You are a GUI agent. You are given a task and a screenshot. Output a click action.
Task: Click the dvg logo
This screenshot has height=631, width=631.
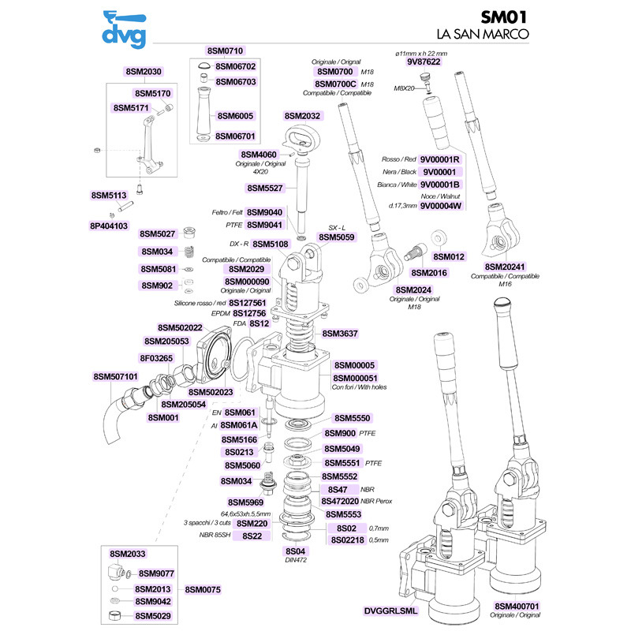point(125,29)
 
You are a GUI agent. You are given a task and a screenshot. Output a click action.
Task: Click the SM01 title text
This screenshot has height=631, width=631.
point(503,17)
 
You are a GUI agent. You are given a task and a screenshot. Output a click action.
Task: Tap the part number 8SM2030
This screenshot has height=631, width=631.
point(144,72)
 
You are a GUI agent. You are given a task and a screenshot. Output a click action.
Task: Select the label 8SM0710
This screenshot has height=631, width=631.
point(225,50)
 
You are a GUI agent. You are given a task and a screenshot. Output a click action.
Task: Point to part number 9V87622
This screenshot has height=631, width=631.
point(424,62)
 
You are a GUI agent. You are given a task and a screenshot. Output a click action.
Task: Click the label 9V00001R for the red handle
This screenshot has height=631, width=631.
point(439,159)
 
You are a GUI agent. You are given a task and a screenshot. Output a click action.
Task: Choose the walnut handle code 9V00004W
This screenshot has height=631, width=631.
point(441,206)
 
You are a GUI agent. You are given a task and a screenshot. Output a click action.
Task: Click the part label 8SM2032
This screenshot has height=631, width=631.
point(302,116)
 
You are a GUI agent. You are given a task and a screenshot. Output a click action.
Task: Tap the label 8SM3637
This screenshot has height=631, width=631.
point(340,333)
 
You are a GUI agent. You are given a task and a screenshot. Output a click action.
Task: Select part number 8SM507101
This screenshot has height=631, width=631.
point(115,377)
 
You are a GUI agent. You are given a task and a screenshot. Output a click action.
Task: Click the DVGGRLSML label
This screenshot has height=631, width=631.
point(390,610)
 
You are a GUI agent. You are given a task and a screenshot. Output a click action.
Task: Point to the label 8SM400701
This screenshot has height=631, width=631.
point(517,606)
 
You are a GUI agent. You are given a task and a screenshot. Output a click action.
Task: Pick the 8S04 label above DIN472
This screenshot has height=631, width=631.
point(295,551)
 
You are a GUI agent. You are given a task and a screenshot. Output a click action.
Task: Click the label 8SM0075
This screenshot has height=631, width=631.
point(203,589)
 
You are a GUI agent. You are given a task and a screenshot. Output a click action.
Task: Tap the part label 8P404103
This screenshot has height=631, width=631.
point(109,226)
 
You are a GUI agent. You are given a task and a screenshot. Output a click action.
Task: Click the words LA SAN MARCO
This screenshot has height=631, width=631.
point(483,34)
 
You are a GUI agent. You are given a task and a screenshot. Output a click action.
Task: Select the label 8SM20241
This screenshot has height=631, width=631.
point(505,267)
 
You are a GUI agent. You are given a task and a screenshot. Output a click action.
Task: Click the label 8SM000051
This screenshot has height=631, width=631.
point(356,378)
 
